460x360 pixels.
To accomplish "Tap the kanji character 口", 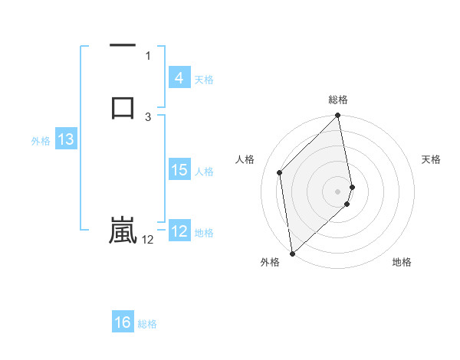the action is pos(123,107).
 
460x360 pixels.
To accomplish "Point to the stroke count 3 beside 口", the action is pos(148,116).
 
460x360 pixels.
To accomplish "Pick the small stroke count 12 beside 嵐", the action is pos(148,240).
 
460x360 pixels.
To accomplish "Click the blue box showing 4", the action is pos(179,78).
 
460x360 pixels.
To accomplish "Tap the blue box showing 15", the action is pos(179,170).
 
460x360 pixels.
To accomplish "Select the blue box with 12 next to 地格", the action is pos(179,231).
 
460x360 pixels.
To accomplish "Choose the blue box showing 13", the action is pos(65,140).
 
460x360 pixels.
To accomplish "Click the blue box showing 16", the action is pos(123,322).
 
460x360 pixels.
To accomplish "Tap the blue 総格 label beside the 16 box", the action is pos(147,324).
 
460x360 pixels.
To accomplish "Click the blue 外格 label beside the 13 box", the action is pos(41,141).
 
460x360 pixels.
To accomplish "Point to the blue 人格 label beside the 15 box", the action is pos(205,172).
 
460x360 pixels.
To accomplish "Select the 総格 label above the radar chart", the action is pos(338,100).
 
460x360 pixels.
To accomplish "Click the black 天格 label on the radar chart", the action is pos(431,159).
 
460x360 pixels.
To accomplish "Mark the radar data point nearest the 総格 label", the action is pos(338,116).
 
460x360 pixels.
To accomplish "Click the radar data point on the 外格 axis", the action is pos(292,253).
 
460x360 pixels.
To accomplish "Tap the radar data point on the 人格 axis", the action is pos(280,172).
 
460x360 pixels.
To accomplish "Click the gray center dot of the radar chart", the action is pos(338,191).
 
